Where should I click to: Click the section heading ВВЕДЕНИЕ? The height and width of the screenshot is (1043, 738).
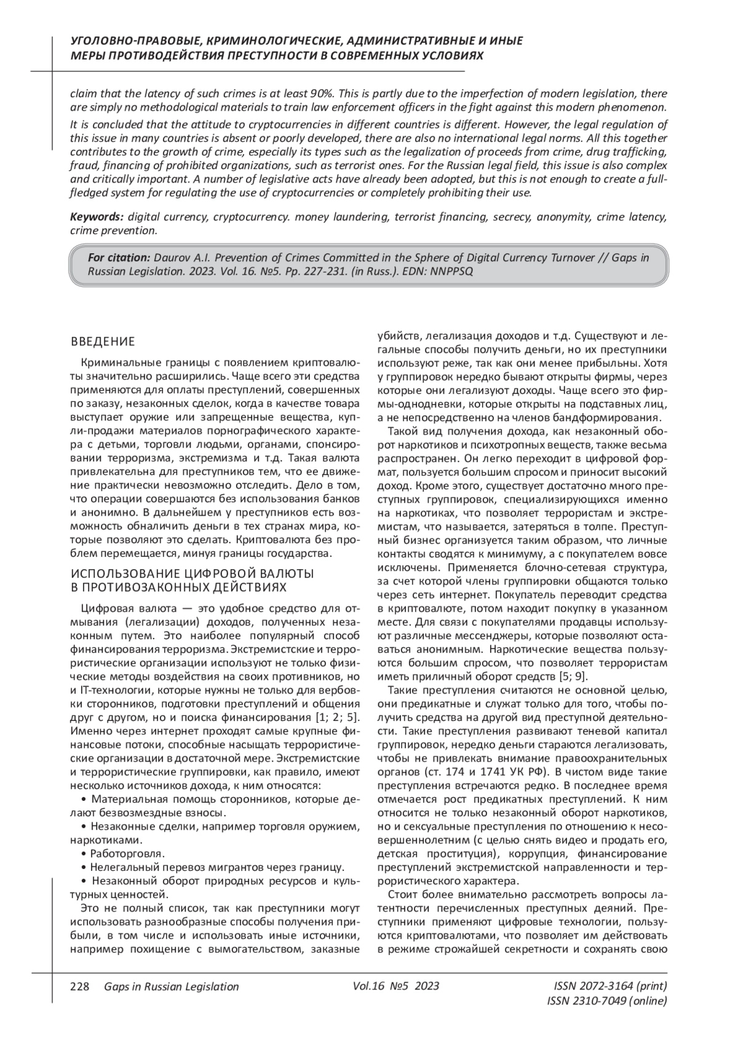click(103, 342)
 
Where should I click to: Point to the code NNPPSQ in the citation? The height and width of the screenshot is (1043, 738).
click(453, 271)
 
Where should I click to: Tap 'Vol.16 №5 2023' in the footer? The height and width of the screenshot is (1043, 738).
click(396, 987)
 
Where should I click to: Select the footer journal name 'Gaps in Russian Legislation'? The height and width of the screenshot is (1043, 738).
click(172, 987)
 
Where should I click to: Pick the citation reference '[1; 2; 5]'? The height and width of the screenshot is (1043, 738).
click(337, 718)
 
